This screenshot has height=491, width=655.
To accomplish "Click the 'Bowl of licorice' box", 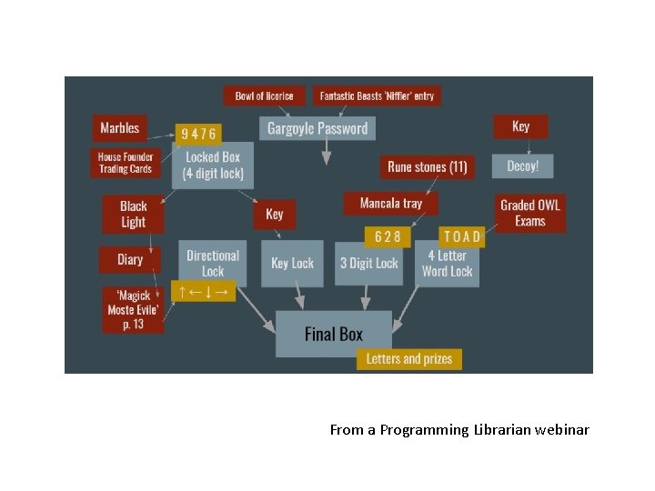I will click(264, 95).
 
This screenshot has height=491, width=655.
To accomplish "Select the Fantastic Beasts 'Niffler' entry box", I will click(377, 95).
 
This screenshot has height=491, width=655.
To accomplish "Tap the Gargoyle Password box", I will click(317, 128).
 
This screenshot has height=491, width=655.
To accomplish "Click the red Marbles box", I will click(120, 128).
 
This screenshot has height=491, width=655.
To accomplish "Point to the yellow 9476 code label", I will click(198, 135).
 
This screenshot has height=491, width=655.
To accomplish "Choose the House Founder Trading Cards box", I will click(126, 163).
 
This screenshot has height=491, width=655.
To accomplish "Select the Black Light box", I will click(133, 215).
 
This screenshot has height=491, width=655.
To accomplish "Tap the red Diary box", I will click(130, 260).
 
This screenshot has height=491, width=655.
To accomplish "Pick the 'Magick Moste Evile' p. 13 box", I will click(133, 310).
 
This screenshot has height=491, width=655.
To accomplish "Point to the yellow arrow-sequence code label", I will click(203, 291).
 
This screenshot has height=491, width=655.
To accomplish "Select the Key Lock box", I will click(292, 263).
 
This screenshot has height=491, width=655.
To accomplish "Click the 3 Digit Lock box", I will click(368, 263).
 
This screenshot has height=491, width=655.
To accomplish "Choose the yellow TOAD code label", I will click(461, 236).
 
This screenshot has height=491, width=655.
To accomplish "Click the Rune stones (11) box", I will click(427, 166).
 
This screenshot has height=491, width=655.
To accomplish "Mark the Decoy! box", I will click(522, 166).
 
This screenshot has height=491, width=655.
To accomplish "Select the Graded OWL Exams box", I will click(529, 213).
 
